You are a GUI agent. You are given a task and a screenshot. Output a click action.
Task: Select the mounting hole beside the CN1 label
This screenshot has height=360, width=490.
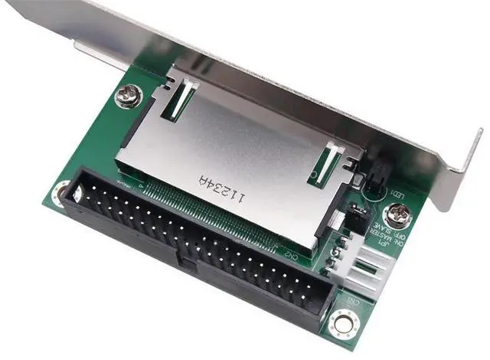point(341,324)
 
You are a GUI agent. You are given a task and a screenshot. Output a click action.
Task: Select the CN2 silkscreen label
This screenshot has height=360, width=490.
point(290,252)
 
